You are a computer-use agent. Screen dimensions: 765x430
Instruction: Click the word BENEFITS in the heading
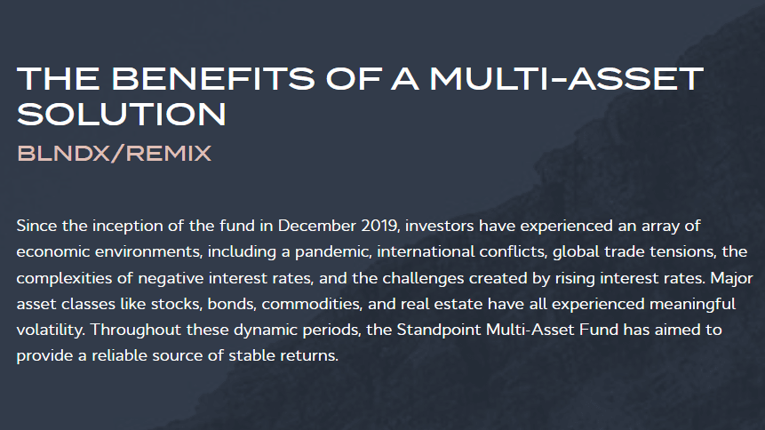point(214,78)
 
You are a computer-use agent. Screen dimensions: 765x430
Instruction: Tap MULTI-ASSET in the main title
point(567,78)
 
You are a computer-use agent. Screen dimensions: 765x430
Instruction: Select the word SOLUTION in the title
point(122,115)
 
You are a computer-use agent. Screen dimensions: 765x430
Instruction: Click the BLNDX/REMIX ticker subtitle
point(114,154)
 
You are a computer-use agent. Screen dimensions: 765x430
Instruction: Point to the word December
point(316,226)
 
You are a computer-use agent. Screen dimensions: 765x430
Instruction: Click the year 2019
point(380,226)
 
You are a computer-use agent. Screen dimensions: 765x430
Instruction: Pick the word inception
point(127,226)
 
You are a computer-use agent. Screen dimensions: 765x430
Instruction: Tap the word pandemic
point(331,251)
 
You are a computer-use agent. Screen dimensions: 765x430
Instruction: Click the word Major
point(732,278)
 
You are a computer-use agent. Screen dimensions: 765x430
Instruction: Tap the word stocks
point(177,304)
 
